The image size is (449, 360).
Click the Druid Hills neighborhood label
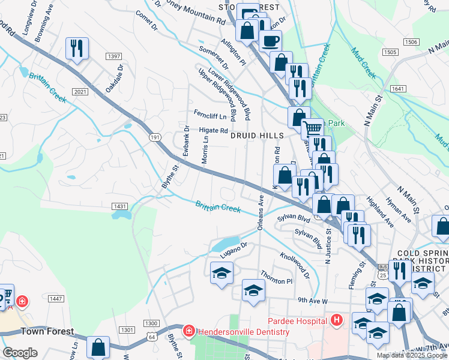pos(258,136)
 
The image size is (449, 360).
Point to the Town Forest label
pos(47,331)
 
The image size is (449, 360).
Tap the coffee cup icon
pos(270,41)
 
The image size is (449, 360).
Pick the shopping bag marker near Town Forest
pos(98,347)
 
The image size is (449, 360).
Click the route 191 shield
pos(155,138)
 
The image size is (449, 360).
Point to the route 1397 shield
pos(113,56)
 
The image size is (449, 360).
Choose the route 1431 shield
pos(119,206)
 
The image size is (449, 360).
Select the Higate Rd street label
pos(214,130)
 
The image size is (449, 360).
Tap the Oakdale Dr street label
pos(114,80)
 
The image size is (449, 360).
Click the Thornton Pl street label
pos(280,281)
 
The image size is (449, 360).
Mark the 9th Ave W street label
pos(312,300)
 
